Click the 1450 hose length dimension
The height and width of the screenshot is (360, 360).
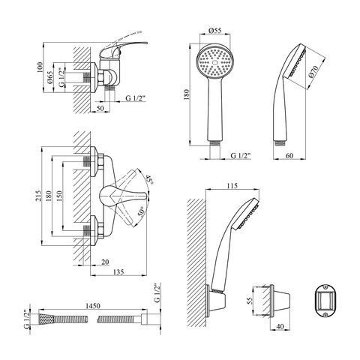93,306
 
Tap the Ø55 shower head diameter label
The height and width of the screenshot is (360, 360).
214,31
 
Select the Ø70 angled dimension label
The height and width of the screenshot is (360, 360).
313,71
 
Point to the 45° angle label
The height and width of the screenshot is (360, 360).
149,180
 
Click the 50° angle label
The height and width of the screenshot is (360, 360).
141,211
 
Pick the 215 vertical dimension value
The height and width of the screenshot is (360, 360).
38,196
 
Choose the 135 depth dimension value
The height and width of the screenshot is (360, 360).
118,271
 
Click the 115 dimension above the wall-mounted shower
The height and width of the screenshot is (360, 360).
232,186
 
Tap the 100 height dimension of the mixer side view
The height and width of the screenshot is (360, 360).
40,67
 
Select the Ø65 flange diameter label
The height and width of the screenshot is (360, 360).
49,77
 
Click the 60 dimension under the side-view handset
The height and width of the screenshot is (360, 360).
289,155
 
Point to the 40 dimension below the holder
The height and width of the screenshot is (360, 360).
280,326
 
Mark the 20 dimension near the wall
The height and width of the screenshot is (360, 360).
105,262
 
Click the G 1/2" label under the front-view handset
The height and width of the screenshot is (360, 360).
241,155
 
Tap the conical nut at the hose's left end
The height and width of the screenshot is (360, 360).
46,319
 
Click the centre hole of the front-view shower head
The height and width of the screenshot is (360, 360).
214,62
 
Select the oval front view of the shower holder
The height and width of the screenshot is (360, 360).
325,301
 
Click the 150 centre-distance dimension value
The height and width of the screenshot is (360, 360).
59,196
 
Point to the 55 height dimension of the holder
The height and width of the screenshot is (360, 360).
250,301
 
